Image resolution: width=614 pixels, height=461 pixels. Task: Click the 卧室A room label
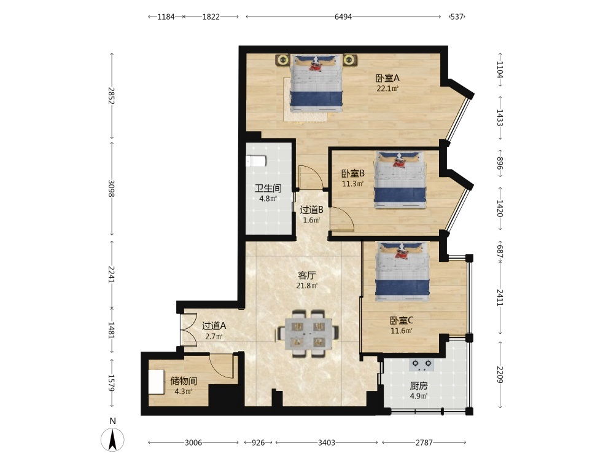(387, 79)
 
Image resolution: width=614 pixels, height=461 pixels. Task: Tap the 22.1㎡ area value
(387, 89)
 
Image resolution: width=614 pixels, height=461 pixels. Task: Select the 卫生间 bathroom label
(268, 189)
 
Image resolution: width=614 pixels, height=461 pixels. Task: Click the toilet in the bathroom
(256, 162)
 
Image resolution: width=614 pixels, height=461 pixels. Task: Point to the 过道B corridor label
(312, 210)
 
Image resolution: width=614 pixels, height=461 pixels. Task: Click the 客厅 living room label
(306, 275)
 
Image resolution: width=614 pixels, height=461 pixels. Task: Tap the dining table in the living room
(308, 334)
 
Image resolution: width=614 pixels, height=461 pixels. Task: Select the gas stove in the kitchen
(422, 364)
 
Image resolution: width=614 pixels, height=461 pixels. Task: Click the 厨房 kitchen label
(419, 386)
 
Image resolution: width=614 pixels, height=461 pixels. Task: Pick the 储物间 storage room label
(183, 381)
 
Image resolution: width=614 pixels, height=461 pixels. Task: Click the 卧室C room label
(402, 321)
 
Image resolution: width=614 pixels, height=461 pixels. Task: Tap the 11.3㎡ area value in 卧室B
(353, 183)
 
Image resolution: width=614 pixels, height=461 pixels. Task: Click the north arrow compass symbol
(113, 439)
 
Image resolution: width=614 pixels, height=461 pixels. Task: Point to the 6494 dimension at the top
(343, 17)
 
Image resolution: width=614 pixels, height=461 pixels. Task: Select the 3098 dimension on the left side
(111, 189)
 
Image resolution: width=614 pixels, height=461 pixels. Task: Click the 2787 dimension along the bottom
(424, 443)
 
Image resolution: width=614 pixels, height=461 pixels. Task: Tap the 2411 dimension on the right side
(500, 297)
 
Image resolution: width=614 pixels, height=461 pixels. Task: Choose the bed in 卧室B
(400, 180)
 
